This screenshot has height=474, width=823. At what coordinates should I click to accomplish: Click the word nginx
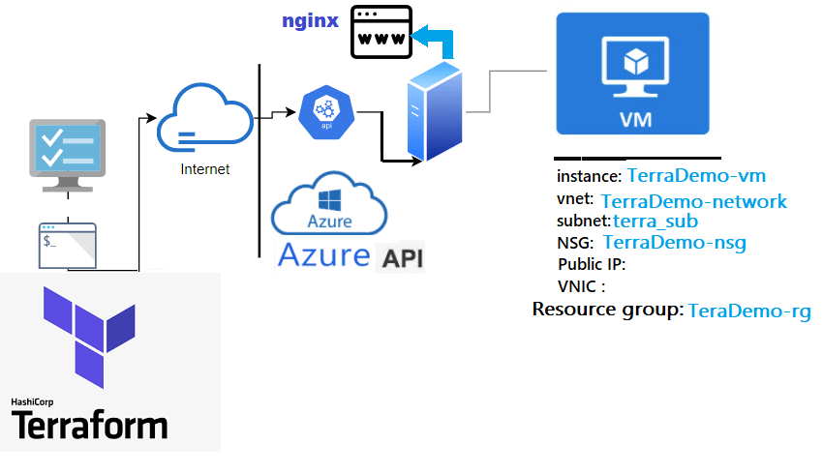(x=310, y=20)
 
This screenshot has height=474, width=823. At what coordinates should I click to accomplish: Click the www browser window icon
(x=381, y=33)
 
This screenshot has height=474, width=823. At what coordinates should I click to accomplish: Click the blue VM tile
(x=632, y=74)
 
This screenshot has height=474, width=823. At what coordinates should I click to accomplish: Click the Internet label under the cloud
(x=205, y=169)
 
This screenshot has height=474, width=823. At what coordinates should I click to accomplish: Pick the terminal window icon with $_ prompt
(x=68, y=245)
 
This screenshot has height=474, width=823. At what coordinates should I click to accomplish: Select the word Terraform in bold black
(x=89, y=425)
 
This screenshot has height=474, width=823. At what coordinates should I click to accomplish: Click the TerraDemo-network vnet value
(x=693, y=202)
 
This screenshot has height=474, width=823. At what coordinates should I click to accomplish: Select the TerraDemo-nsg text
(x=674, y=243)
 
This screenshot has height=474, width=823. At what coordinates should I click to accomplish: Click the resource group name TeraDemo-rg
(x=748, y=311)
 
